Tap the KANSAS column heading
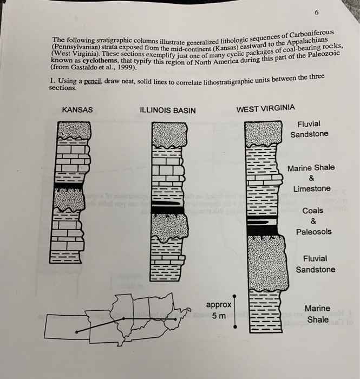(x=77, y=110)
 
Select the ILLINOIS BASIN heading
(x=168, y=110)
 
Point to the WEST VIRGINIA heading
(x=266, y=108)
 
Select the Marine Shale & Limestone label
(x=311, y=178)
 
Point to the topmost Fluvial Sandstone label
(x=309, y=129)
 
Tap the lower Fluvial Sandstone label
(x=315, y=264)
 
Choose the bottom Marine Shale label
(x=318, y=314)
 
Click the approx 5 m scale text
(x=219, y=310)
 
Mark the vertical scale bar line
(x=235, y=312)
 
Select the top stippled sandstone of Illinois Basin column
(x=169, y=135)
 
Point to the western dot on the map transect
(x=77, y=331)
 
